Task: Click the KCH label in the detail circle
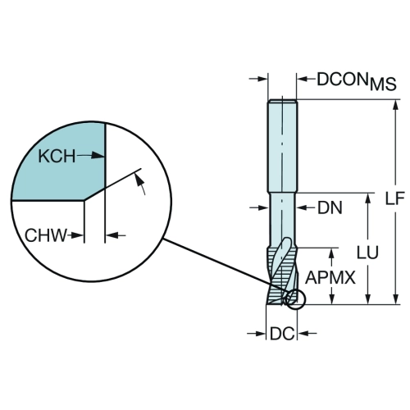coord(57,157)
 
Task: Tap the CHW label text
coord(46,235)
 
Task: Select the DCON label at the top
coord(342,80)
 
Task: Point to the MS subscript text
coord(383,84)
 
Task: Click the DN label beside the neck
coord(330,208)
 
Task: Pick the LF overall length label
coord(394,198)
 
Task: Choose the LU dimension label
coord(367,253)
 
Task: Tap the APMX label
coord(330,278)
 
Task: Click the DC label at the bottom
coord(282,334)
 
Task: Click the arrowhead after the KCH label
coord(98,156)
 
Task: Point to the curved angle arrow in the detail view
coord(140,184)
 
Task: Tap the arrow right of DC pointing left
coord(307,334)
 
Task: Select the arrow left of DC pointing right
coord(257,334)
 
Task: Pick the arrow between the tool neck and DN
coord(306,208)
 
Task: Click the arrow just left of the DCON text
coord(306,79)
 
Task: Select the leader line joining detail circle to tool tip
coord(224,266)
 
